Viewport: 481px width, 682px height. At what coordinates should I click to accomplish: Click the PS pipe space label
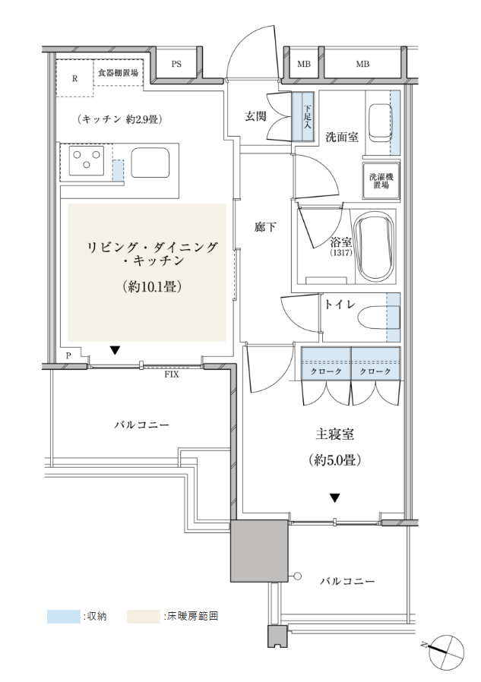[x=176, y=65]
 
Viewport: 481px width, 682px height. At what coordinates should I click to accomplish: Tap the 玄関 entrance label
[x=255, y=116]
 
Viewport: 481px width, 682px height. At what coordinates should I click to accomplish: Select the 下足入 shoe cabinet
[x=302, y=116]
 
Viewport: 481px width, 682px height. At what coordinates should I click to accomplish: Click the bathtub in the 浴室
[x=375, y=246]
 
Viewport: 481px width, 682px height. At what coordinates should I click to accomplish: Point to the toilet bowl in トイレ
[x=378, y=317]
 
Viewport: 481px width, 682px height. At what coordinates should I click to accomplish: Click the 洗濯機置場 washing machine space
[x=381, y=181]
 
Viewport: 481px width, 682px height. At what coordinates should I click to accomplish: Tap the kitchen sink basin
[x=150, y=163]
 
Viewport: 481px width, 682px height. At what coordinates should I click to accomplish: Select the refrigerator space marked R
[x=75, y=78]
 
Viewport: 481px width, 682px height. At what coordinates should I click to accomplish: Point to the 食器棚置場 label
[x=118, y=73]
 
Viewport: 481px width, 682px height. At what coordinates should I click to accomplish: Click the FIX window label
[x=172, y=374]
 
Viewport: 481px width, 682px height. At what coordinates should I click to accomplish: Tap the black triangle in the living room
[x=115, y=350]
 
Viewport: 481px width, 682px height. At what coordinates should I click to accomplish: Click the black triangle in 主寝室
[x=334, y=498]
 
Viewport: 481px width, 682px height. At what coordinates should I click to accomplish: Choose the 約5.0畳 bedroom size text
[x=335, y=460]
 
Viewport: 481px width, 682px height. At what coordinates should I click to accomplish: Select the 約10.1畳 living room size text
[x=152, y=286]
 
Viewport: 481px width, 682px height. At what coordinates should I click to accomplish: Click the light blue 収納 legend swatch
[x=64, y=617]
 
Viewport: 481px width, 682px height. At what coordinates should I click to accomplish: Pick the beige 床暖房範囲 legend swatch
[x=143, y=617]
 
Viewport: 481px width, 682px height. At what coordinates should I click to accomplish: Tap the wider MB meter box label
[x=362, y=65]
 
